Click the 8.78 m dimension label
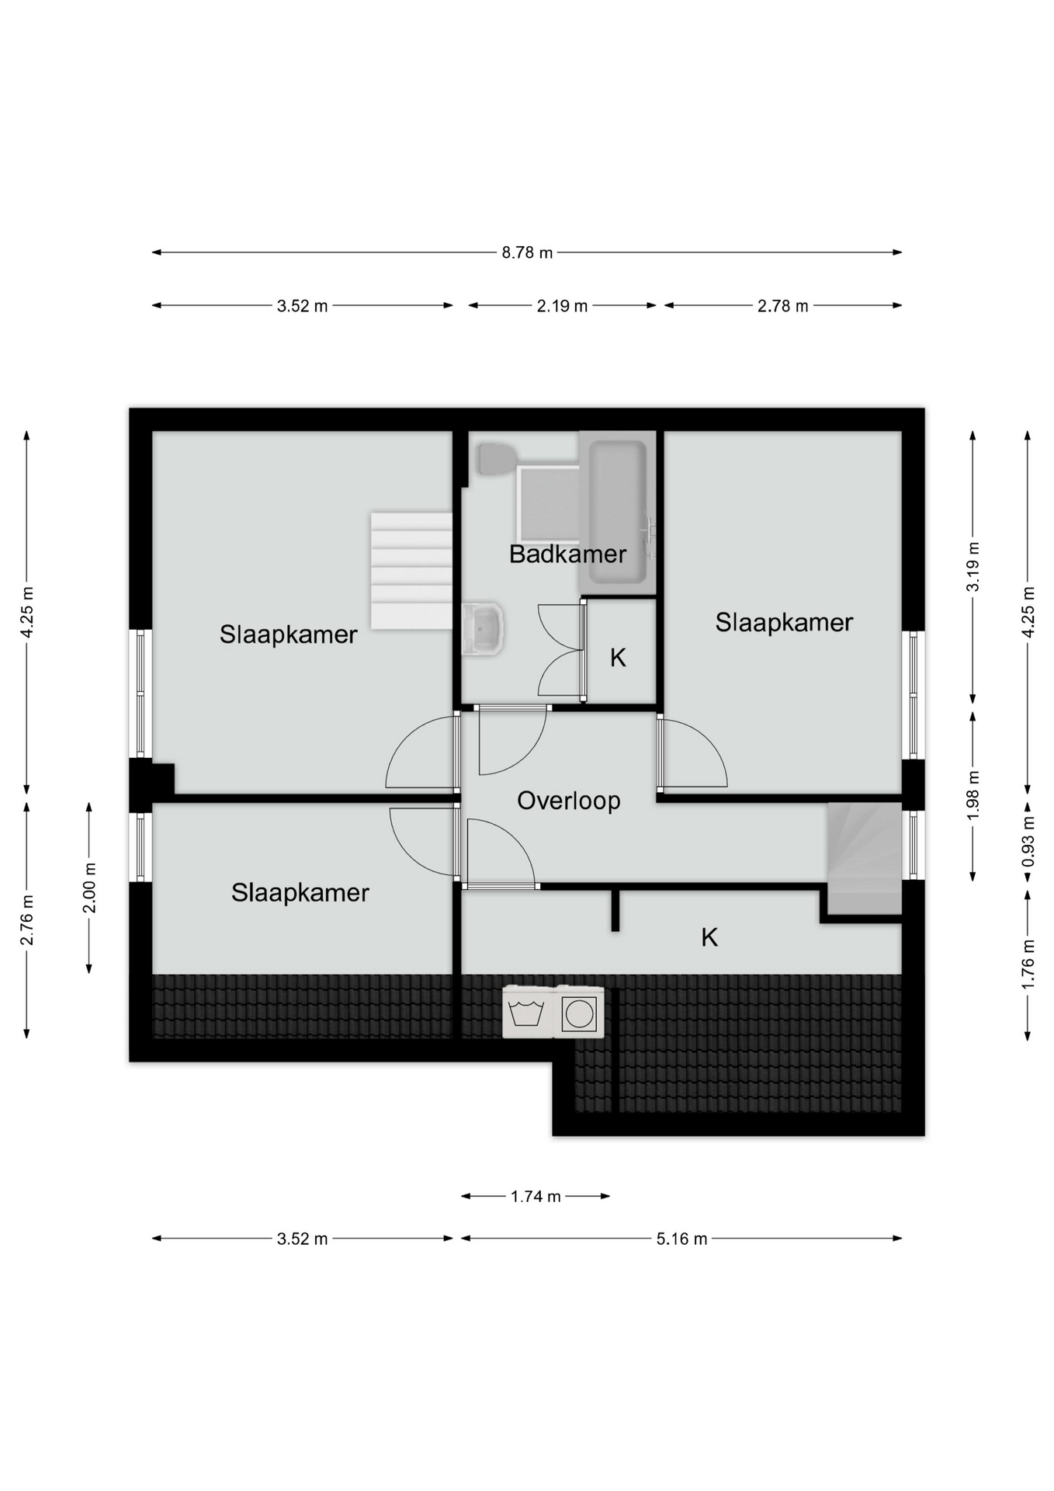tap(527, 252)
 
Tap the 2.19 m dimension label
tap(562, 306)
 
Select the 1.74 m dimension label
tap(536, 1196)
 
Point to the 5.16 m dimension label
tap(681, 1239)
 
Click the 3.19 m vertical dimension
tap(973, 567)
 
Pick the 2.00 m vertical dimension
tap(89, 888)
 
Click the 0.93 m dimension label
tap(1028, 842)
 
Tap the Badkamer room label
tap(567, 554)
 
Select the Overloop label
tap(569, 801)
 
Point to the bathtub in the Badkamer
tap(617, 513)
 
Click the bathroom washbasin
tap(483, 629)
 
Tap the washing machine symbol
tap(528, 1012)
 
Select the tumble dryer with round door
tap(579, 1012)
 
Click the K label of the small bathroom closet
tap(618, 658)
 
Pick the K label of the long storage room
tap(709, 937)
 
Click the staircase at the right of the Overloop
tap(865, 858)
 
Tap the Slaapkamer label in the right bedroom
tap(784, 622)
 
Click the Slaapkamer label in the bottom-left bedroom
tap(300, 892)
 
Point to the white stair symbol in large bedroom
tap(411, 571)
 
